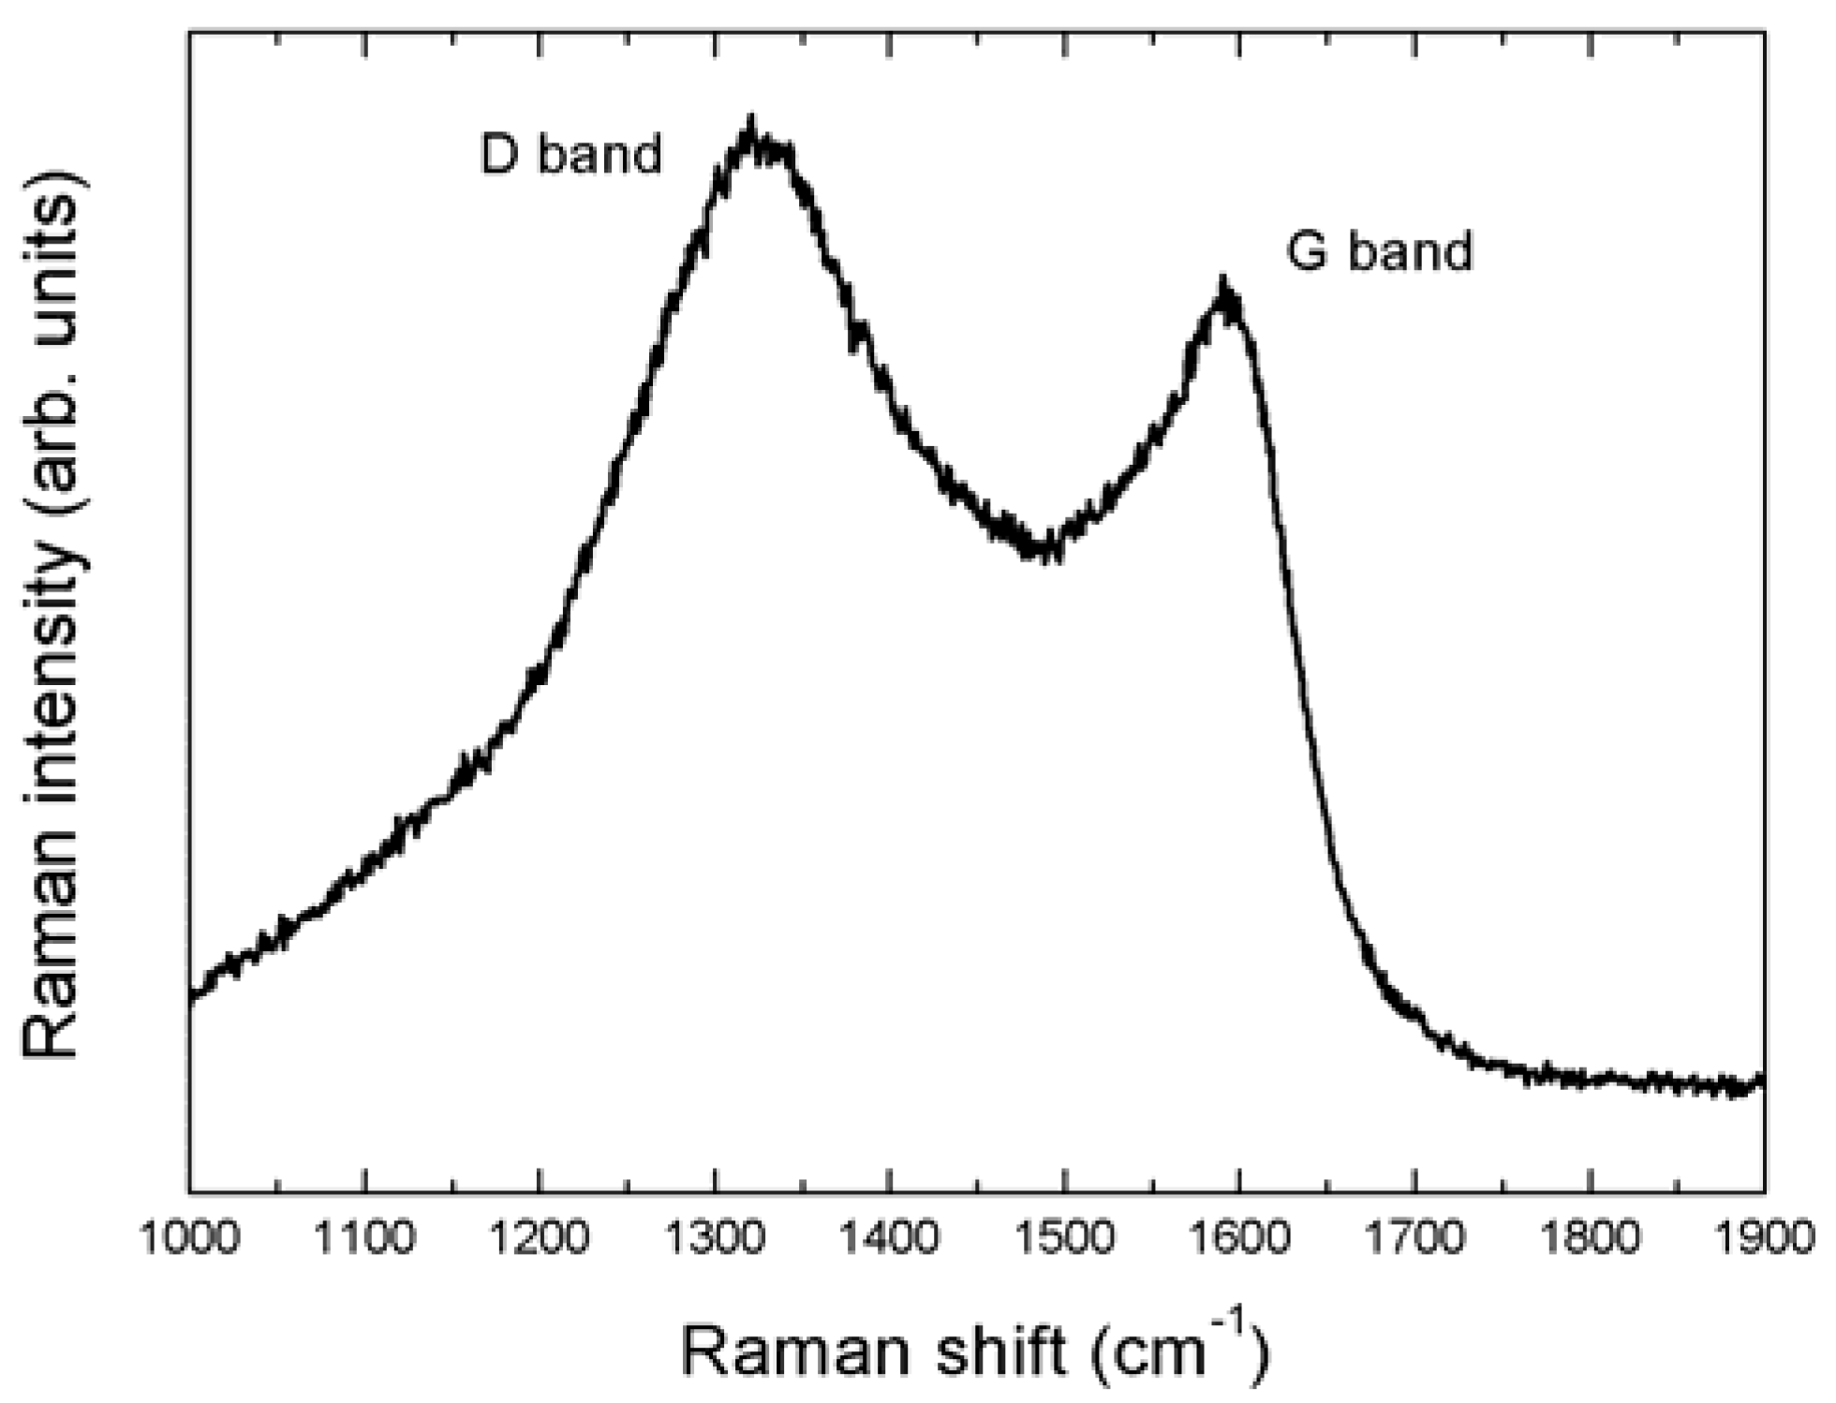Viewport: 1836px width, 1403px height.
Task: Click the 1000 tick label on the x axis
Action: coord(189,1238)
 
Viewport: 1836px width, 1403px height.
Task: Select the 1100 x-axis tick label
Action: coord(364,1238)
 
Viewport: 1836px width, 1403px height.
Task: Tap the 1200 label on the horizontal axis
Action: coord(540,1238)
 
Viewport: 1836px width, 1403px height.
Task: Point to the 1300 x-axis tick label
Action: coord(715,1238)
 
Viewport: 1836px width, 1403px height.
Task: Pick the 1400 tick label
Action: coord(889,1238)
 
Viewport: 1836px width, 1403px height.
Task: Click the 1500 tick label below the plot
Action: coord(1064,1238)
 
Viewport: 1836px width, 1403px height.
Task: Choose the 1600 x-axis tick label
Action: coord(1239,1238)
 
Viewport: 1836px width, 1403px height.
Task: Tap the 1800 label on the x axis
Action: coord(1590,1238)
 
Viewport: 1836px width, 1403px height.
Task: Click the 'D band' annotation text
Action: coord(570,154)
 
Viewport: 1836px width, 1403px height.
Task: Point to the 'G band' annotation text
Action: coord(1379,251)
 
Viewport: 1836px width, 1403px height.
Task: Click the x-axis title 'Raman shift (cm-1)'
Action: coord(974,1351)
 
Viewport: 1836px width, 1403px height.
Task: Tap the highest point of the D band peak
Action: coord(749,119)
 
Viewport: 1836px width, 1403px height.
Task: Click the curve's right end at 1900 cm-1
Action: coord(1763,1081)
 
